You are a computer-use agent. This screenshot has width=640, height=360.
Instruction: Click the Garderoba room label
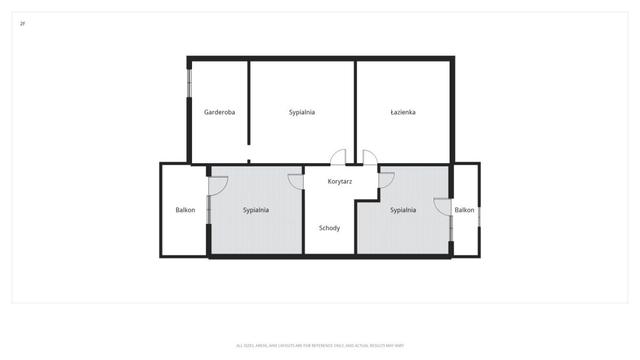tap(219, 113)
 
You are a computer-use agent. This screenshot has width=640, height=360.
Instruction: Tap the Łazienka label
tap(403, 113)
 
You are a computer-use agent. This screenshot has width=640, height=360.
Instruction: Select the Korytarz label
tap(340, 181)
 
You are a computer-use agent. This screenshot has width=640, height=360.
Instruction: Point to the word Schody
tap(330, 228)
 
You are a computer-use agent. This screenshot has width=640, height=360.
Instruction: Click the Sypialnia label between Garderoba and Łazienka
tap(302, 113)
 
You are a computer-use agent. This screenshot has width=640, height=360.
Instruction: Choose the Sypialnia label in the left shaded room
tap(255, 210)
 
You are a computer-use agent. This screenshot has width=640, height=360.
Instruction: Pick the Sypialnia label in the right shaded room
tap(403, 210)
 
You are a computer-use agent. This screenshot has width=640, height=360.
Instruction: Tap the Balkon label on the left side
tap(185, 210)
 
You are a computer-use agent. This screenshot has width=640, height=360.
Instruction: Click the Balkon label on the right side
tap(465, 210)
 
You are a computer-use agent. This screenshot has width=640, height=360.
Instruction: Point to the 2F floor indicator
tap(22, 23)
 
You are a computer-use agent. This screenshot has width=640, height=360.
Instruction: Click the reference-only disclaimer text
tap(319, 346)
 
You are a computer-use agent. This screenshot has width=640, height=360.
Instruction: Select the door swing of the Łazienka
tap(370, 157)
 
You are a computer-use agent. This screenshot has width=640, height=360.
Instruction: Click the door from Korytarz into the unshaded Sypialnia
tap(338, 157)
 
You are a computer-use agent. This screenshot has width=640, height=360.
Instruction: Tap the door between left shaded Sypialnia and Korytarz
tap(295, 182)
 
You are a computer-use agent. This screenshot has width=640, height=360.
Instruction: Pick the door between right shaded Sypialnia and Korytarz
tap(387, 180)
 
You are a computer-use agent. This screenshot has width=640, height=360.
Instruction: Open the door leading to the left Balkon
tap(218, 186)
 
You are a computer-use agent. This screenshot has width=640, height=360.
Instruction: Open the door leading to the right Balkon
tap(442, 207)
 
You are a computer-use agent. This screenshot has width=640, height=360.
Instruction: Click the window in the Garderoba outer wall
tap(189, 83)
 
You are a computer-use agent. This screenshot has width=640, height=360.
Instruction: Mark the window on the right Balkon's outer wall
tap(479, 217)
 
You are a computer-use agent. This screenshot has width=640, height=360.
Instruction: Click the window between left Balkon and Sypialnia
tap(209, 210)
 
